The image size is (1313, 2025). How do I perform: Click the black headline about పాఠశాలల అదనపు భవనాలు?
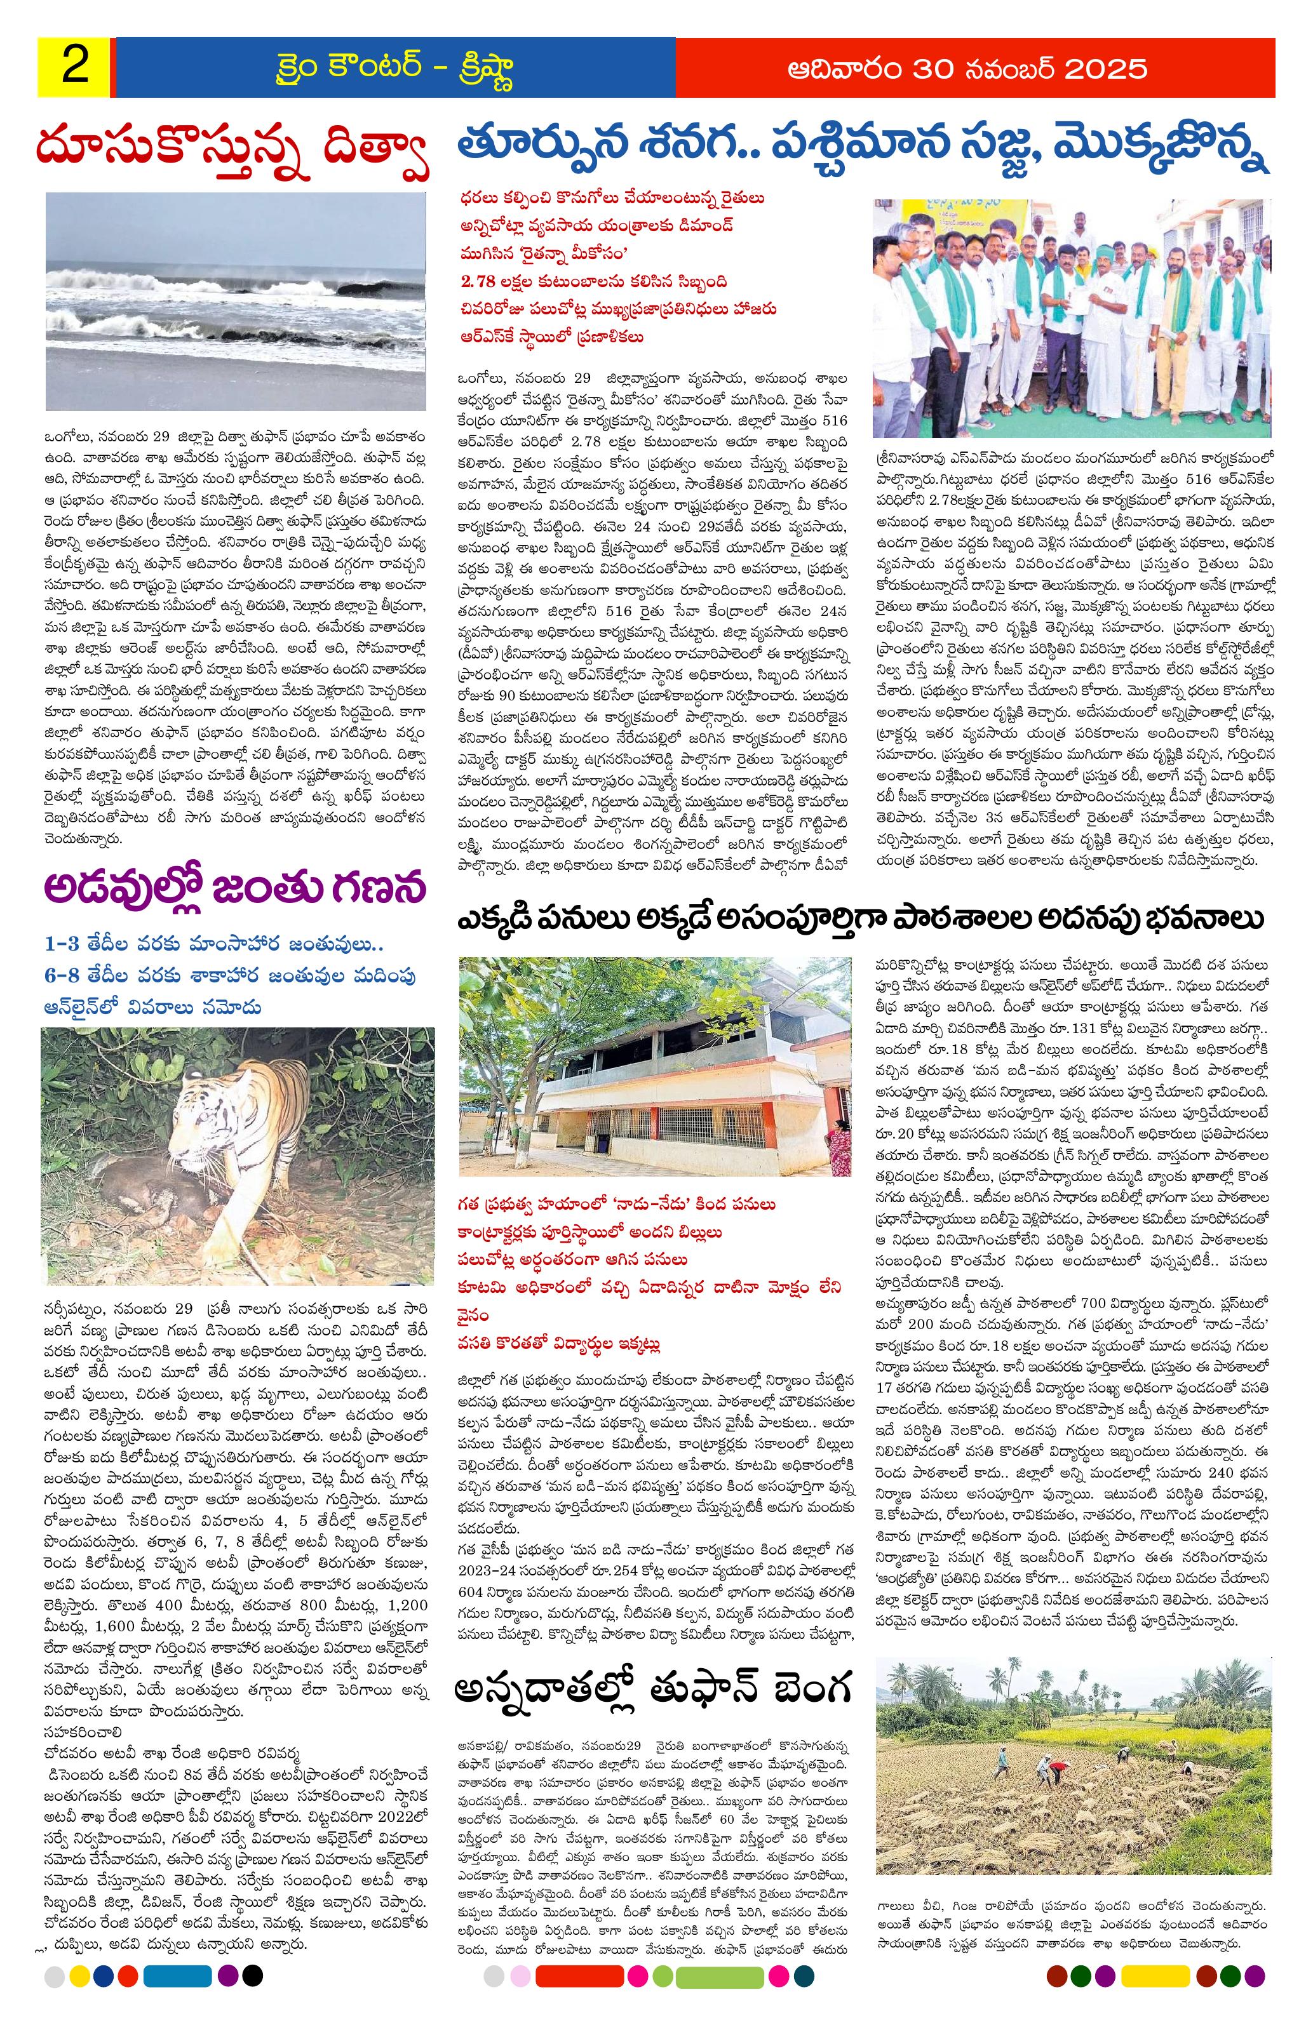coord(860,919)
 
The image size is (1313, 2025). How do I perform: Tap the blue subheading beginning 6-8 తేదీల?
coord(231,975)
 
